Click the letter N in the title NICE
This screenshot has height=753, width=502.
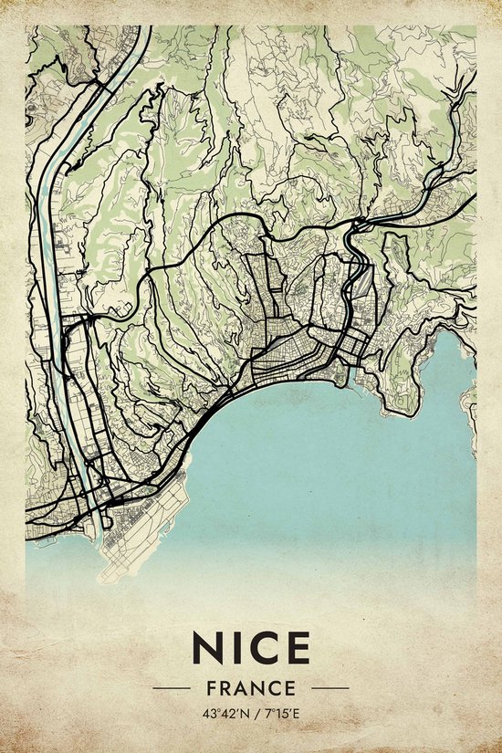click(208, 648)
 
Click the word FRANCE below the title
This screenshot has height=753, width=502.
click(251, 688)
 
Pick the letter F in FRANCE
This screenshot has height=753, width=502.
click(211, 688)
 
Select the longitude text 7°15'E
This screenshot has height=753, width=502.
click(280, 713)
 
